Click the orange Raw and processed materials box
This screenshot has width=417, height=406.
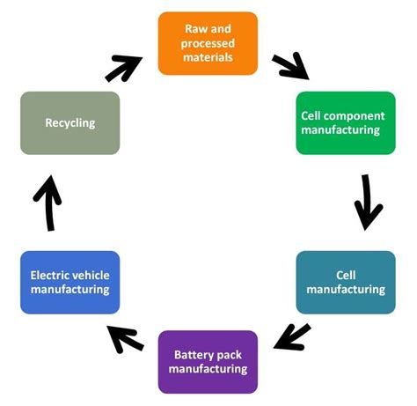pyautogui.click(x=208, y=43)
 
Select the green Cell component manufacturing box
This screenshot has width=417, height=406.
pyautogui.click(x=346, y=122)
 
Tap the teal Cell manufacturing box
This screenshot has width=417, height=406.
pyautogui.click(x=346, y=282)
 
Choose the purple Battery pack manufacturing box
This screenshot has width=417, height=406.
pyautogui.click(x=208, y=361)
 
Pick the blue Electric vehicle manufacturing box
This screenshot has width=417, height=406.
pyautogui.click(x=69, y=282)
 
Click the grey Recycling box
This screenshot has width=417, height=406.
pyautogui.click(x=69, y=122)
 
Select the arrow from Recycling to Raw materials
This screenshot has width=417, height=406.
pyautogui.click(x=123, y=67)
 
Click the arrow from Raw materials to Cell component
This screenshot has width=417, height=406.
pyautogui.click(x=289, y=66)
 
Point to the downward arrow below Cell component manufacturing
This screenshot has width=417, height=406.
pyautogui.click(x=368, y=202)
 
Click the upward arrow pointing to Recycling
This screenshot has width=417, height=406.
pyautogui.click(x=48, y=202)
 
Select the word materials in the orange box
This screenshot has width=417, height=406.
pyautogui.click(x=208, y=56)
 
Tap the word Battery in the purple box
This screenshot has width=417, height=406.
pyautogui.click(x=194, y=355)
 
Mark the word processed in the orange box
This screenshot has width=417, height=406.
pyautogui.click(x=208, y=43)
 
